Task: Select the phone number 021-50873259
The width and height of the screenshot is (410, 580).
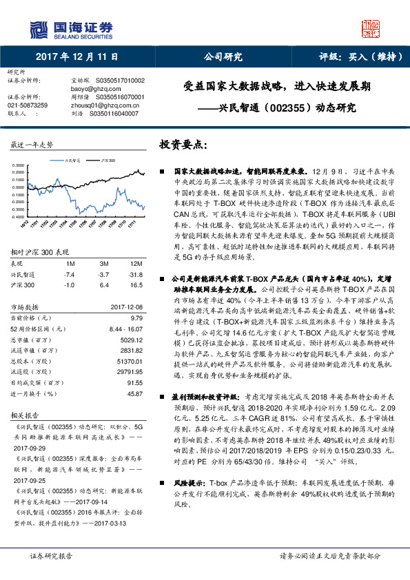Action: click(x=28, y=105)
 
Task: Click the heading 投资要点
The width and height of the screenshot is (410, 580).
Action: click(x=183, y=145)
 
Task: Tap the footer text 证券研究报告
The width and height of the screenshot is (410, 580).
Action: click(x=52, y=556)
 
